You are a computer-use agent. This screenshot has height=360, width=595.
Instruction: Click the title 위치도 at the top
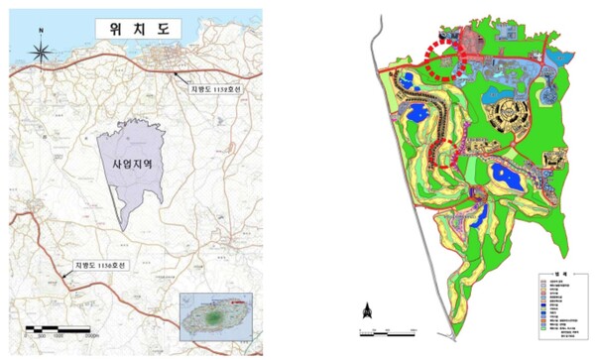131,28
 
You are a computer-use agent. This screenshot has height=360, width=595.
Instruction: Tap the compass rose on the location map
41,51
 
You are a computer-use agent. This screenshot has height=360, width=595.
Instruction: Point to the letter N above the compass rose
41,31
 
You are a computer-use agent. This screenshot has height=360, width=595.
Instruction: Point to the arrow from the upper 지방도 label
182,76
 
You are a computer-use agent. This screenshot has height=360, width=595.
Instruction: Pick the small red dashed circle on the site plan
449,154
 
